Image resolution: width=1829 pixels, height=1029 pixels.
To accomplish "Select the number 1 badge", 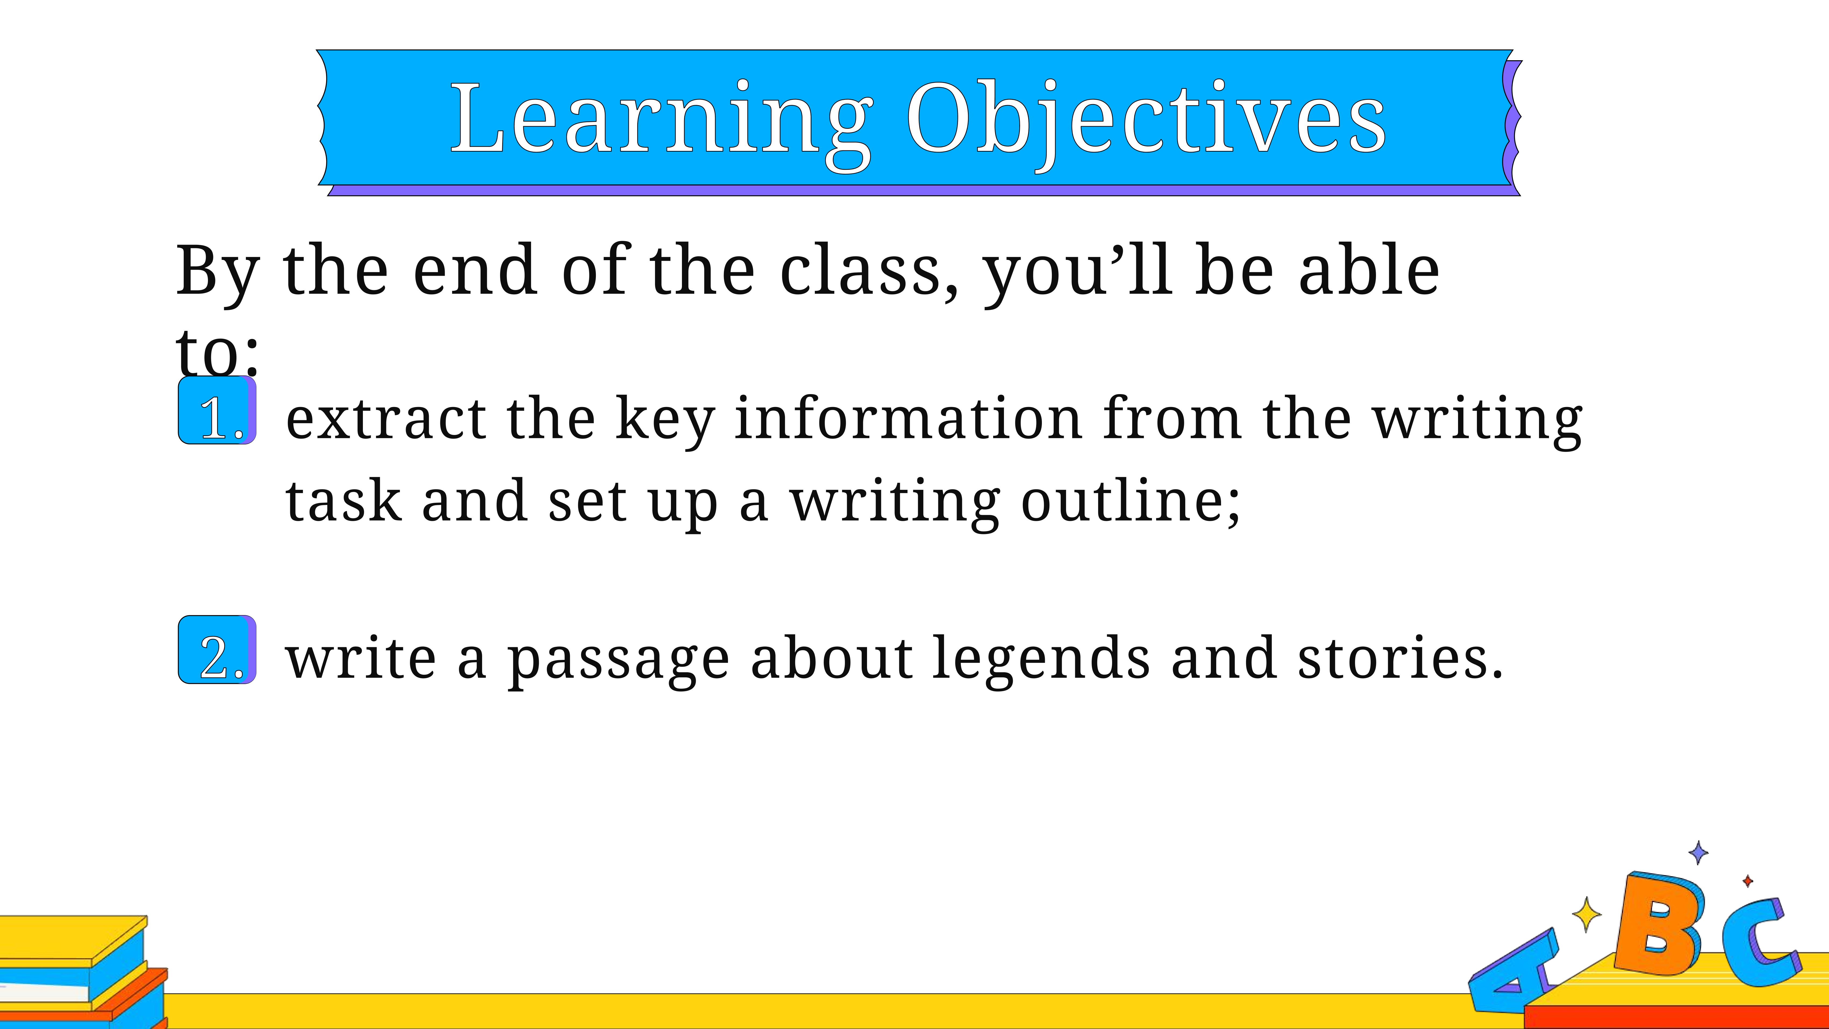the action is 217,411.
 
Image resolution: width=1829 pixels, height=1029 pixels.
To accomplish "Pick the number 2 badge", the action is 217,650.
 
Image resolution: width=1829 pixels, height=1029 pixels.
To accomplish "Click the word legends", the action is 1040,659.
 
